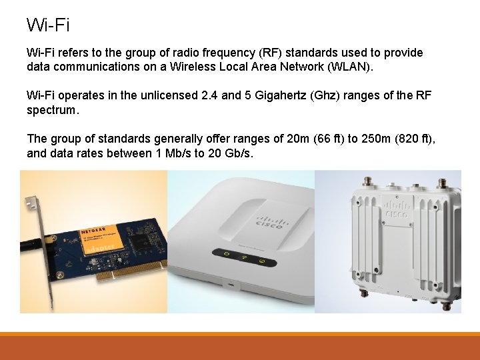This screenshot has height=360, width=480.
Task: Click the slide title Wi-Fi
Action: [x=48, y=25]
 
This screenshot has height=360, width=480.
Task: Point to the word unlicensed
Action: [x=167, y=95]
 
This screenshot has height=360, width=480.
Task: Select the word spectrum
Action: [x=53, y=110]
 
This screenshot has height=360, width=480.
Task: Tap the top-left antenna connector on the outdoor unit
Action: [x=365, y=181]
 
